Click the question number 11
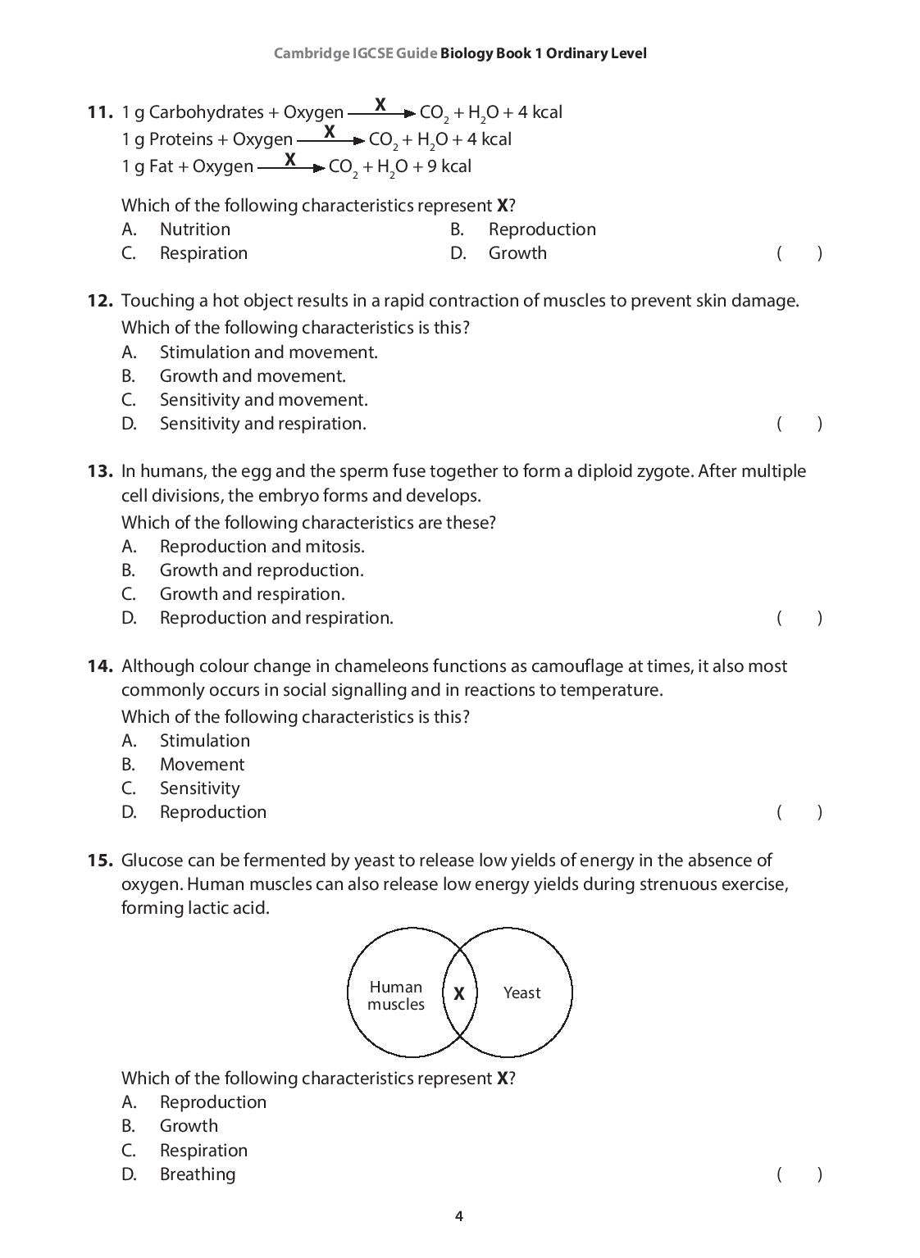(x=99, y=112)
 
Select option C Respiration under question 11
(x=203, y=253)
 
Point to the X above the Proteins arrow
(x=330, y=131)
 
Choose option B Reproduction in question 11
(x=541, y=229)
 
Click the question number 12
(x=99, y=301)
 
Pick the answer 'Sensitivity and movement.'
(x=263, y=400)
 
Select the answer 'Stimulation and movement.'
(x=268, y=352)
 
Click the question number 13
(x=99, y=471)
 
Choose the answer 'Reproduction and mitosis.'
(x=262, y=547)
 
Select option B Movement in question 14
(x=202, y=765)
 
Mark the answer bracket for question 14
(x=799, y=812)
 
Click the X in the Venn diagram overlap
(x=459, y=993)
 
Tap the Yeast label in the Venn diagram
(x=521, y=993)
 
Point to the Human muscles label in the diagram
(x=396, y=996)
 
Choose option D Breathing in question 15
(x=197, y=1174)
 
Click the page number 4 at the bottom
(x=459, y=1216)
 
